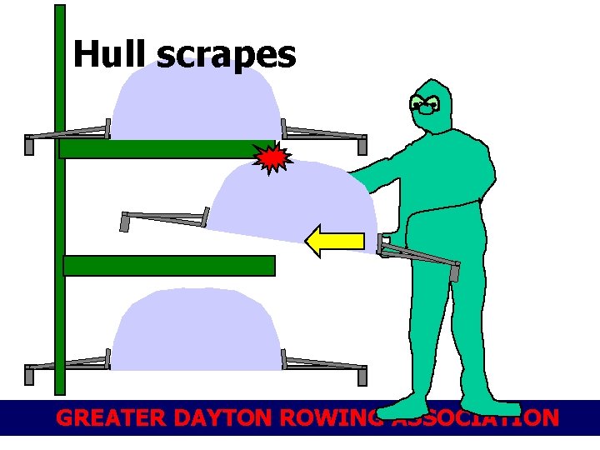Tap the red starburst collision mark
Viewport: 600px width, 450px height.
pos(272,157)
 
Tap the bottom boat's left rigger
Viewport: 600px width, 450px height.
pos(67,365)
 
